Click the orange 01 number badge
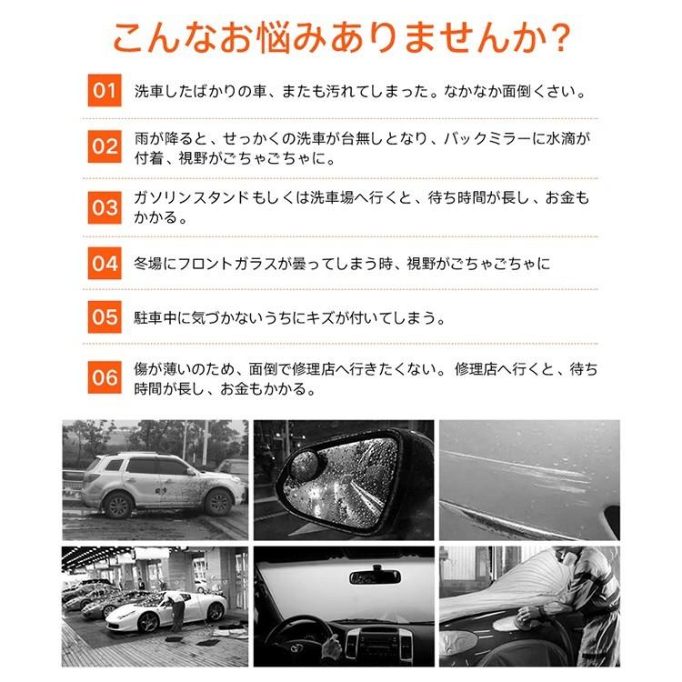click(105, 92)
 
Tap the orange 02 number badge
click(105, 147)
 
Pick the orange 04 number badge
click(105, 265)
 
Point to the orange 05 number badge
click(105, 317)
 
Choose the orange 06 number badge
click(105, 376)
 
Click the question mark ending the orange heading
click(561, 39)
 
